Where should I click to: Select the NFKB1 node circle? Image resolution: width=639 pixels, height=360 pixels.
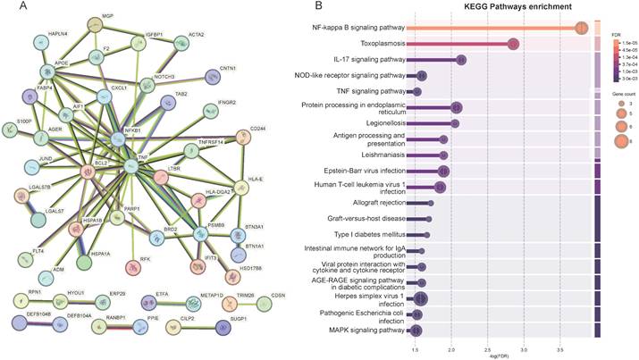coord(119,139)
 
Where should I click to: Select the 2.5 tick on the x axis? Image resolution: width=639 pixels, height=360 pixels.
coord(488,351)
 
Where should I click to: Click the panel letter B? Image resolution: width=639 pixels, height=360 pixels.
coord(318,7)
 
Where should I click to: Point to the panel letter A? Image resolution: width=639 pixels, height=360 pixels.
coord(8,7)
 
